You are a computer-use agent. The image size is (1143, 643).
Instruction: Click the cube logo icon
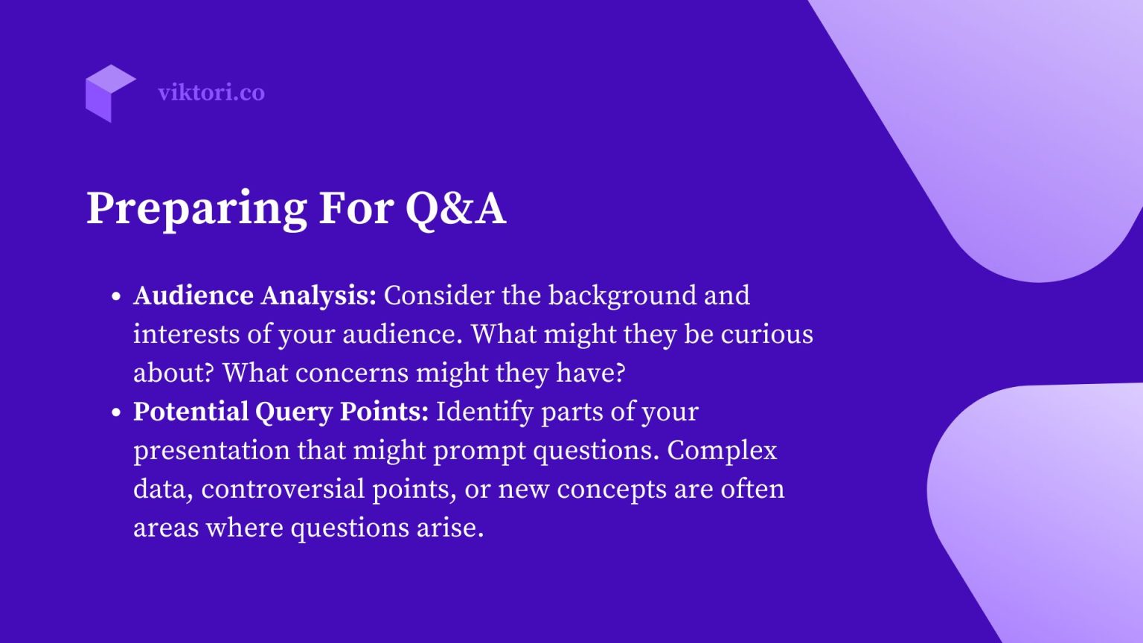111,93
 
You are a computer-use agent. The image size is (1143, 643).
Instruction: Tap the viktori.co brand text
211,92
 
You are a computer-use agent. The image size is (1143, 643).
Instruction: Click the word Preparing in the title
197,209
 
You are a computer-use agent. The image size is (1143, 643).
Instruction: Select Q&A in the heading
455,208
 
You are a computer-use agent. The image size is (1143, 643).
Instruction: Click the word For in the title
356,208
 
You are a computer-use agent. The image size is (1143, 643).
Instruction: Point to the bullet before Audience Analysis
116,296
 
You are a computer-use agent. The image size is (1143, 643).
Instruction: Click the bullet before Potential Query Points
116,412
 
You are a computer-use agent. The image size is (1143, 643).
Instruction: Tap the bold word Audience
193,295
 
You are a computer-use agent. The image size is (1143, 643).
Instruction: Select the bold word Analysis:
318,296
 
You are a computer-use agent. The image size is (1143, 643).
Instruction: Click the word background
622,296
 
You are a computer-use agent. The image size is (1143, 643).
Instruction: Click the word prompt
480,452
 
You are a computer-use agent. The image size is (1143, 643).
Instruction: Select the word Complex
722,451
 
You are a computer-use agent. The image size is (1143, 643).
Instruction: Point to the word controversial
283,489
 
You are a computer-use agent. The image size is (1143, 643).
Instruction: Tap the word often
752,489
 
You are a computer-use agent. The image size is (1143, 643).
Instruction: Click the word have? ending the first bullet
590,373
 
